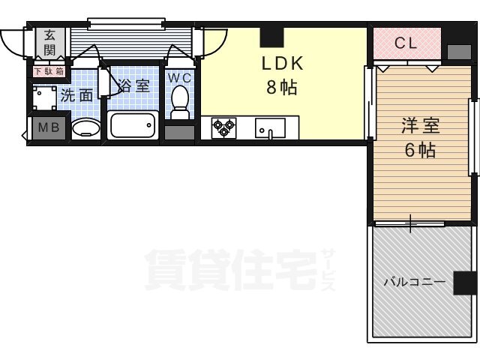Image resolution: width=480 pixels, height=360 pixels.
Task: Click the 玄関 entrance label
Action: (49, 42)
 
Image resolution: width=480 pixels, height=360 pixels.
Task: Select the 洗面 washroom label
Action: (76, 95)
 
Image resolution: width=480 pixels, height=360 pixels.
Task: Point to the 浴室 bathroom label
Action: (135, 85)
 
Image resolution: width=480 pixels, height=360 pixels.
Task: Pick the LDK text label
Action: (281, 63)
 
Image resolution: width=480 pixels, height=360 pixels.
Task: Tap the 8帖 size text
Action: (281, 88)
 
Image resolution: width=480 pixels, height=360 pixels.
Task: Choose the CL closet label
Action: (406, 43)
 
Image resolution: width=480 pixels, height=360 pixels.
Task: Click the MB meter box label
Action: (48, 127)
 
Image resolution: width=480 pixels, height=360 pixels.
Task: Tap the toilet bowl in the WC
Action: (180, 101)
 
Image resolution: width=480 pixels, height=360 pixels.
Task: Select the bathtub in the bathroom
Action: (133, 124)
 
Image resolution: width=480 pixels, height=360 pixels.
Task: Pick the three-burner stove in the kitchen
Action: (223, 128)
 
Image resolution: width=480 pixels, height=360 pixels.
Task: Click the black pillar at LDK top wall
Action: (271, 35)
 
